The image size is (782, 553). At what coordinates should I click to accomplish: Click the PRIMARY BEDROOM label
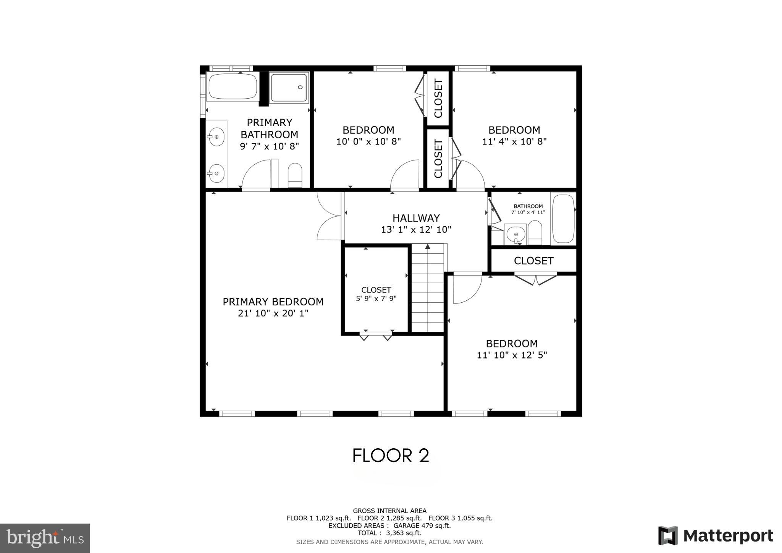[273, 302]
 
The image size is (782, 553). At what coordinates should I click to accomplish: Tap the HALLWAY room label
[416, 218]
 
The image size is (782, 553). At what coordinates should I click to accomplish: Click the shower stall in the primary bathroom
[289, 88]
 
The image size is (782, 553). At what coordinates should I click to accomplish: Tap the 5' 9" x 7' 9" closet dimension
[376, 299]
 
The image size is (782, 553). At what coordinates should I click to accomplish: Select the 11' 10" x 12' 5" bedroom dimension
[512, 355]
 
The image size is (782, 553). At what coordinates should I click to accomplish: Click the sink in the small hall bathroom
[515, 234]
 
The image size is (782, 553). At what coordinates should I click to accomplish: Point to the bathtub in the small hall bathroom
[563, 219]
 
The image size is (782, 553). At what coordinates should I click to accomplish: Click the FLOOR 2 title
[391, 456]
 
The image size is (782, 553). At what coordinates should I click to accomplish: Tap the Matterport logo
[715, 535]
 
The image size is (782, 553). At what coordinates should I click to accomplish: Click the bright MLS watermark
[45, 538]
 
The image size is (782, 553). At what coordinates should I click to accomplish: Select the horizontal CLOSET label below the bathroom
[533, 261]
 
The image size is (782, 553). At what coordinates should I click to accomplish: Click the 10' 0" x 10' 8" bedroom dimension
[368, 142]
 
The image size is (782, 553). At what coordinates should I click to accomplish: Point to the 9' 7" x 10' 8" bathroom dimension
[269, 146]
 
